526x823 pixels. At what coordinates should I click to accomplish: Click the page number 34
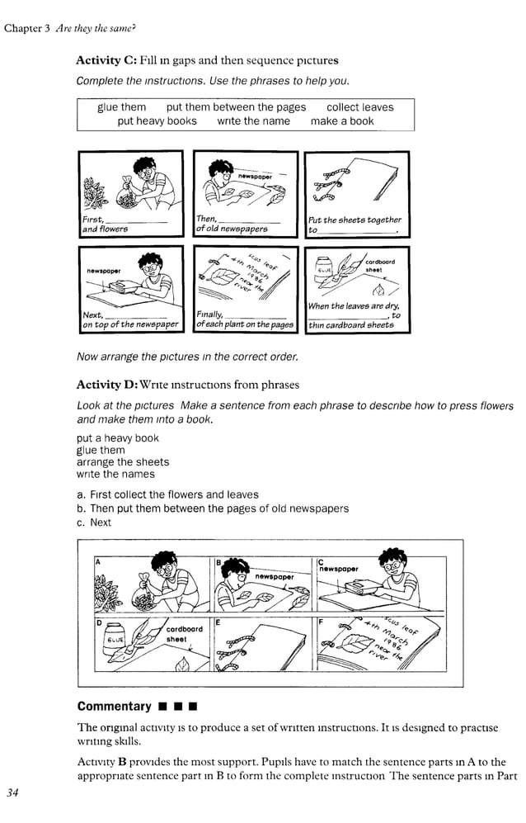tap(12, 793)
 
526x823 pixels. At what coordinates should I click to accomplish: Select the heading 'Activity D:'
tap(106, 385)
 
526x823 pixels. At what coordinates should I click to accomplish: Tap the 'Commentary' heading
tap(114, 706)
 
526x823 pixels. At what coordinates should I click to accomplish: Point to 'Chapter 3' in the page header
tap(27, 29)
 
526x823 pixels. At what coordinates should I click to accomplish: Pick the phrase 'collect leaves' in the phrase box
tap(359, 107)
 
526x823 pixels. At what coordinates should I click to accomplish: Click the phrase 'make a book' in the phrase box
tap(341, 121)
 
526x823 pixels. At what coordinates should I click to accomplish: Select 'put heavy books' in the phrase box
tap(157, 121)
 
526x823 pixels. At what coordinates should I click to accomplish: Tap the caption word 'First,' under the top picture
tap(93, 220)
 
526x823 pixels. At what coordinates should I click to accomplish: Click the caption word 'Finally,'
tap(209, 315)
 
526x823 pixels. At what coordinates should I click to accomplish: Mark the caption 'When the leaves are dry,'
tap(353, 306)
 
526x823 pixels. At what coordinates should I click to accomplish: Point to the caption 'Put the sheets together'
tap(355, 220)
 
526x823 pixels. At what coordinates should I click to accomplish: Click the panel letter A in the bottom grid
tap(97, 561)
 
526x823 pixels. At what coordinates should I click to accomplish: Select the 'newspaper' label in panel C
tap(339, 569)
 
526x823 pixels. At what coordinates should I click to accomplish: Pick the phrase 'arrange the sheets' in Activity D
tap(123, 462)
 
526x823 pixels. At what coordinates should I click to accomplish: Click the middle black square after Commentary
tap(179, 707)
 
